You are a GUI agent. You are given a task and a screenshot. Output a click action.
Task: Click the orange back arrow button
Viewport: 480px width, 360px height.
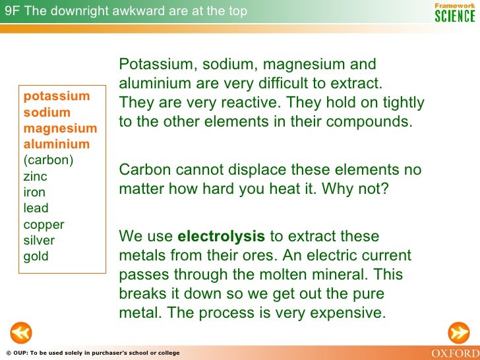click(20, 334)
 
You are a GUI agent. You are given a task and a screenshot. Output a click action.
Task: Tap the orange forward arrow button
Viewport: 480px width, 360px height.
click(458, 334)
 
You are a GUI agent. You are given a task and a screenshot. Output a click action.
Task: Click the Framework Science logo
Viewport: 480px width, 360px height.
click(454, 12)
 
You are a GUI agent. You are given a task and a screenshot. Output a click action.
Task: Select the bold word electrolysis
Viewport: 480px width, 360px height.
click(222, 236)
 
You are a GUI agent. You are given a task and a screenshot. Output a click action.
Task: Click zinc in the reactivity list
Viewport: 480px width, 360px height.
click(35, 177)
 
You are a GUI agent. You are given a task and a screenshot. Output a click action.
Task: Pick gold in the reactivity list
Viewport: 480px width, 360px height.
click(36, 256)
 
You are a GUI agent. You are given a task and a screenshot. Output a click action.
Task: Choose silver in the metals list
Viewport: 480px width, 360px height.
click(39, 240)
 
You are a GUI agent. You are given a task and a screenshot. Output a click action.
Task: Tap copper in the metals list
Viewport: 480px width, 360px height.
click(44, 224)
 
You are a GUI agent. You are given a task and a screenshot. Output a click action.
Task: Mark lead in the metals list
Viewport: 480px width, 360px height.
click(36, 208)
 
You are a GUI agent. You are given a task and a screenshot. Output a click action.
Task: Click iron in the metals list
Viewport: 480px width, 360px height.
click(34, 193)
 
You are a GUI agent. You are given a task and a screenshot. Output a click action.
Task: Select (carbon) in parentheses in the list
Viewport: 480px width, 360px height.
click(48, 160)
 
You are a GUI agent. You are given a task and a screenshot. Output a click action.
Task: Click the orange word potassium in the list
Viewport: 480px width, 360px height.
click(57, 96)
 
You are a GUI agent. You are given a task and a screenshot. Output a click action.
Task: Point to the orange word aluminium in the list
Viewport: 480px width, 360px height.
click(57, 144)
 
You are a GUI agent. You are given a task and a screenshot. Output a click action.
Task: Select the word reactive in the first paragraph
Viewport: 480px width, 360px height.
click(245, 104)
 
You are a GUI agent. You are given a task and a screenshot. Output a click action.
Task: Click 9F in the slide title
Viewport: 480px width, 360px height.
click(12, 11)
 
